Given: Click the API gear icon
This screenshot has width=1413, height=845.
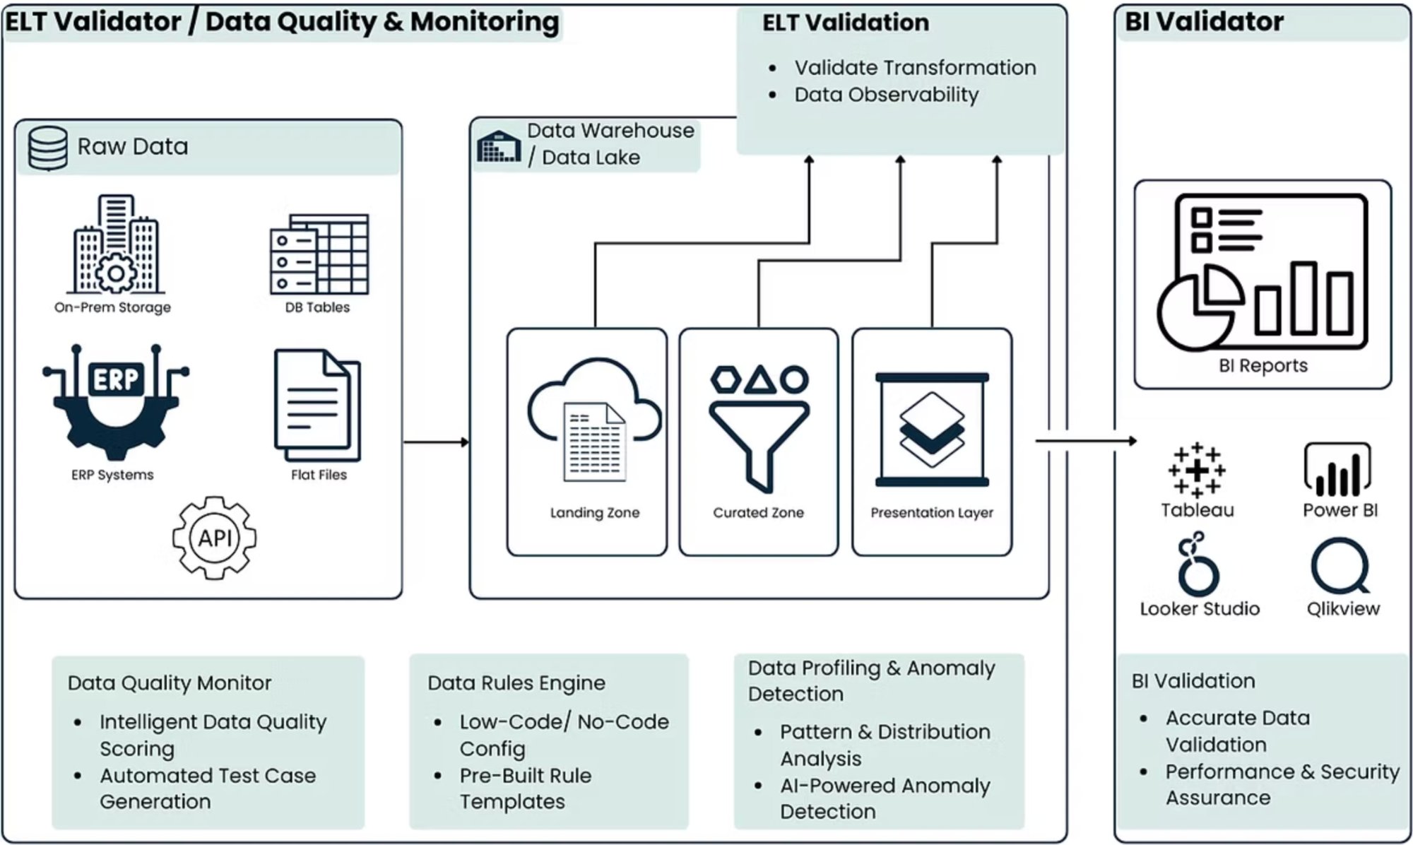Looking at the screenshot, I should click(x=214, y=538).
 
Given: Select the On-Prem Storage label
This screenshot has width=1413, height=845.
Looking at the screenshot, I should click(x=112, y=307).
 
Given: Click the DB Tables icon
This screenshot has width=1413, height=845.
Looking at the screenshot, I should click(x=319, y=254).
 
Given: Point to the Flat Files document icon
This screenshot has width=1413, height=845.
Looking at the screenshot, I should click(x=317, y=405).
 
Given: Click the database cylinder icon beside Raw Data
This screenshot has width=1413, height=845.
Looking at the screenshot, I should click(x=48, y=148).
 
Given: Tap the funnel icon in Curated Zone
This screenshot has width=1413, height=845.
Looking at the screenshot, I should click(x=759, y=428).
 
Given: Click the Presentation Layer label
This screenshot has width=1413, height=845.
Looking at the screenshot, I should click(x=931, y=513).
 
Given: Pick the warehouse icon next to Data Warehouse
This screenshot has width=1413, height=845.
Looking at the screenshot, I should click(x=499, y=146).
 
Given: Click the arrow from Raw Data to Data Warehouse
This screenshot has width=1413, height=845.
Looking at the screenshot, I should click(x=435, y=442).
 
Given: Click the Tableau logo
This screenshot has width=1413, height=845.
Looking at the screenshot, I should click(x=1196, y=471).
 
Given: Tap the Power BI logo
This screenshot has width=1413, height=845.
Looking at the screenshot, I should click(x=1337, y=470).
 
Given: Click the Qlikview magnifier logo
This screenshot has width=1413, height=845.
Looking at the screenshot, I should click(x=1340, y=565).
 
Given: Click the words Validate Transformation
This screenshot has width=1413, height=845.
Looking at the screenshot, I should click(x=915, y=68).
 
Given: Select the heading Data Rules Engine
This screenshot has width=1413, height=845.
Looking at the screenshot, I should click(x=516, y=683).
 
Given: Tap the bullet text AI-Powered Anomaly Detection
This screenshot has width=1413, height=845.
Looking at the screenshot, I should click(x=885, y=798).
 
